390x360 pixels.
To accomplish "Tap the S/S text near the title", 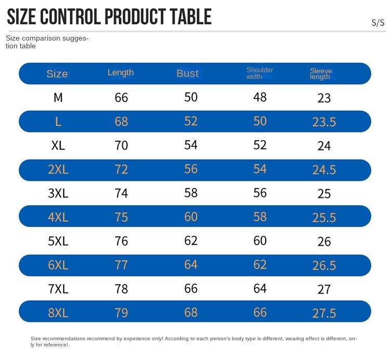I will [x=378, y=23].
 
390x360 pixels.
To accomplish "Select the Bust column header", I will [x=187, y=73].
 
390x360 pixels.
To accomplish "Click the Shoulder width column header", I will [x=259, y=73].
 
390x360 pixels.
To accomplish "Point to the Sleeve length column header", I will [x=321, y=74].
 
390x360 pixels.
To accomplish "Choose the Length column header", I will [x=121, y=73].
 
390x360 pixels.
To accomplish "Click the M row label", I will [x=58, y=97].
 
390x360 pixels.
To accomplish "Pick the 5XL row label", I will [x=58, y=241].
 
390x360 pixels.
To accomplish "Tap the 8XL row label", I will [x=58, y=313].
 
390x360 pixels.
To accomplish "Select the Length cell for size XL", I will [x=121, y=145].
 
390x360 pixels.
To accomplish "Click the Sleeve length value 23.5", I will [x=324, y=122].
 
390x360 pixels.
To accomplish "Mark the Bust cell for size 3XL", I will [x=191, y=193].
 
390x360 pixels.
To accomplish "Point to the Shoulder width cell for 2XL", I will [x=260, y=169].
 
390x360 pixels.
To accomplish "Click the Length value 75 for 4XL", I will [x=121, y=217].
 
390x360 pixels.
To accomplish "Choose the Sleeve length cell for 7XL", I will [x=324, y=289].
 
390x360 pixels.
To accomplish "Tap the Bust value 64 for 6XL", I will [x=191, y=264].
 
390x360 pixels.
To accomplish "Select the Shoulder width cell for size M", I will [x=260, y=97].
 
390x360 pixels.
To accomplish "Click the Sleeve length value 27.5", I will [x=324, y=313].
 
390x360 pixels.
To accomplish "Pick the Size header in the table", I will [x=57, y=74].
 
